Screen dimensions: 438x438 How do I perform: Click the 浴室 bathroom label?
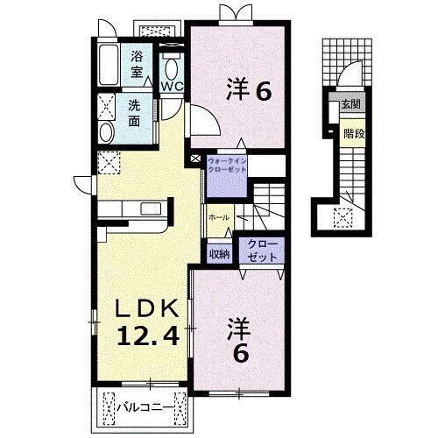tap(138, 63)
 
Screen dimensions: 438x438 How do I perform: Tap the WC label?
tap(172, 86)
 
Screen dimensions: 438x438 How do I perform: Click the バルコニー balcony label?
tap(144, 406)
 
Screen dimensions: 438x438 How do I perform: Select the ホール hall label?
tap(219, 216)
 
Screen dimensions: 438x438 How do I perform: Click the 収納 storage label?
tap(219, 254)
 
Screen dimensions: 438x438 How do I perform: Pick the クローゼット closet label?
tap(260, 250)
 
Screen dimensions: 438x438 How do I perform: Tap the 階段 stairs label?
tap(353, 135)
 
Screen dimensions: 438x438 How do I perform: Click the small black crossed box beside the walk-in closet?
tap(196, 160)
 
